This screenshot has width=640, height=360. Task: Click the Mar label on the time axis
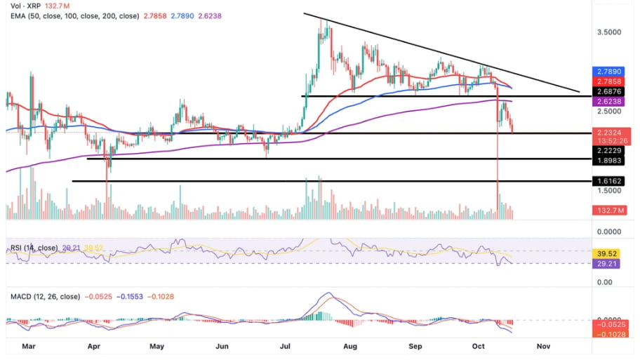[x=29, y=346]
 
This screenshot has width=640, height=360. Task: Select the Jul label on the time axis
[x=286, y=346]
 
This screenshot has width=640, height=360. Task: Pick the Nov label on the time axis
[x=542, y=346]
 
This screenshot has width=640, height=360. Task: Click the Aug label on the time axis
[x=351, y=346]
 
